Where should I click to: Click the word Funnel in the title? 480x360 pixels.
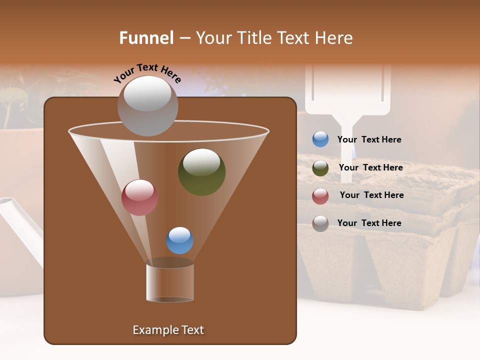point(146,38)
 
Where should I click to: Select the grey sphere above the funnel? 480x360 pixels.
point(147,105)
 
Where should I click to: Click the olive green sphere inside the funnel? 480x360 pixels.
point(201,172)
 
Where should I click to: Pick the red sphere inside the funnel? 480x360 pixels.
point(139,197)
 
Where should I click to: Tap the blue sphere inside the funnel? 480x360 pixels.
point(179,240)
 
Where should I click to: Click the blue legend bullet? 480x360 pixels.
point(320,139)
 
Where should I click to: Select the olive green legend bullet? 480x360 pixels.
point(320,168)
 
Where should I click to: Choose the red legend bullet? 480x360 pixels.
point(320,196)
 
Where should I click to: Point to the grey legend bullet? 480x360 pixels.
point(320,223)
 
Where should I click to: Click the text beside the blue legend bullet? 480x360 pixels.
point(369,139)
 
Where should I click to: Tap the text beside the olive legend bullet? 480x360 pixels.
point(370,167)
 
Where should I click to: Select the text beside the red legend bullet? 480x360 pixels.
point(371,195)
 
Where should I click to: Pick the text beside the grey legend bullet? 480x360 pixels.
point(369,223)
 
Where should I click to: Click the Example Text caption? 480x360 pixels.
point(168,330)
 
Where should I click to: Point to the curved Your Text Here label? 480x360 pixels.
point(147,72)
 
